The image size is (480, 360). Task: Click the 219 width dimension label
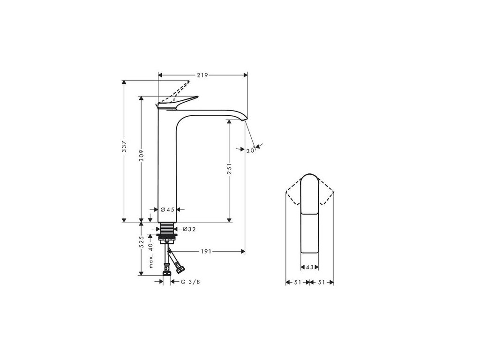[x=202, y=75]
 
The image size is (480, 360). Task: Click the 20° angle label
[x=250, y=150]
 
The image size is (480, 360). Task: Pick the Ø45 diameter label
[x=167, y=210]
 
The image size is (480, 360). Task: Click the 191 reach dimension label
[x=207, y=252]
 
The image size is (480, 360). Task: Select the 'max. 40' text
[x=151, y=255]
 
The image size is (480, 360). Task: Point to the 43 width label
[x=309, y=268]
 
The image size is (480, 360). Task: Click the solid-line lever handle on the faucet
[x=180, y=102]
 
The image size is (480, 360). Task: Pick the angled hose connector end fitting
[x=180, y=269]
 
